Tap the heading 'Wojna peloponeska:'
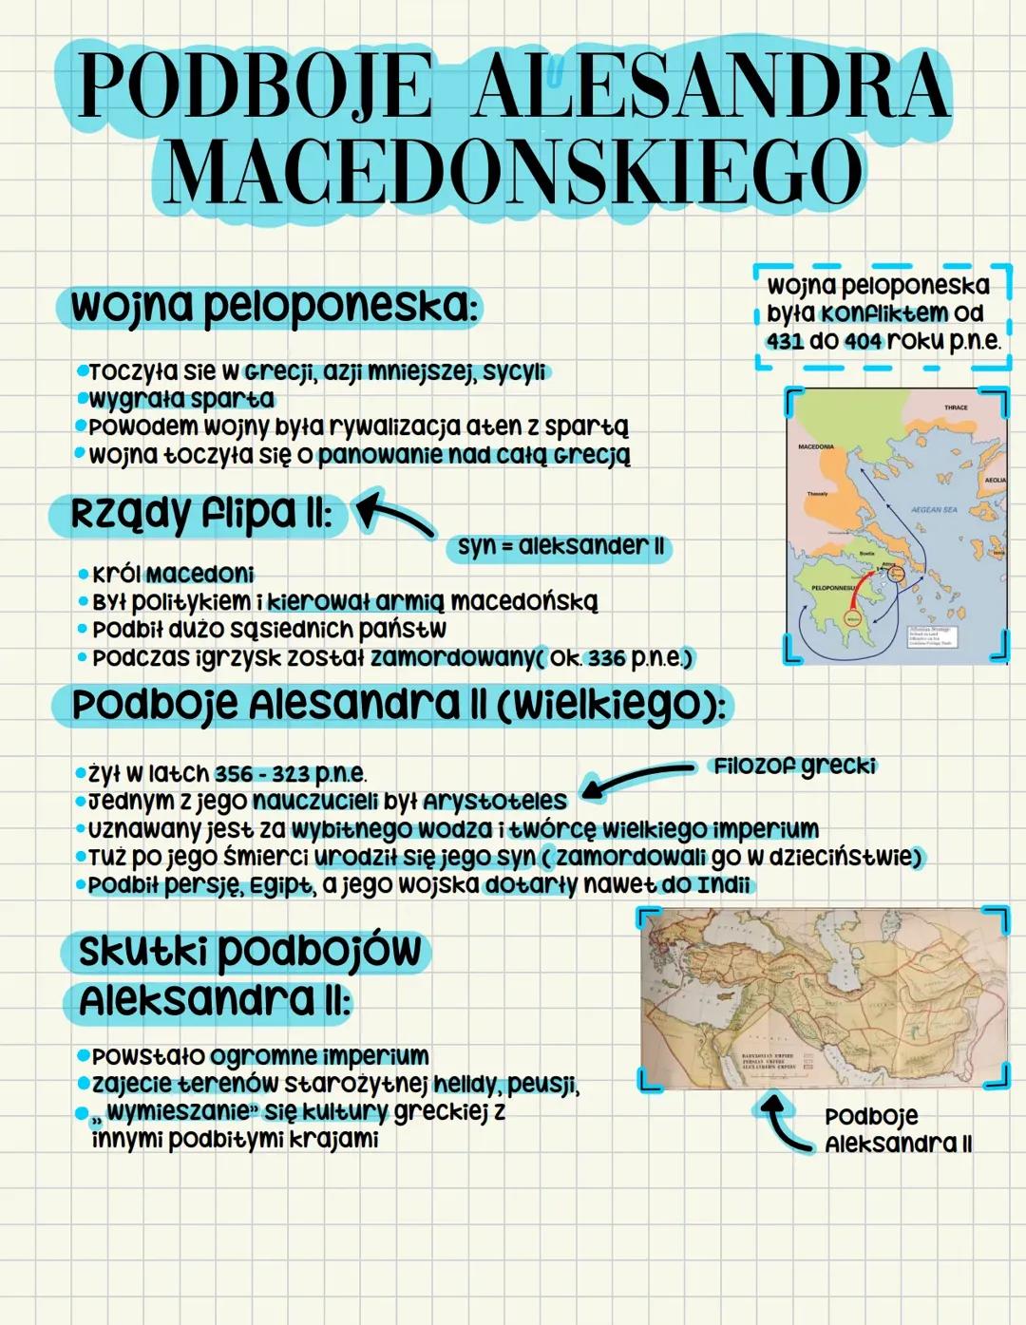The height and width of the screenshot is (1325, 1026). tap(271, 307)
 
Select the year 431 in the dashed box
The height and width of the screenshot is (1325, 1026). tap(786, 341)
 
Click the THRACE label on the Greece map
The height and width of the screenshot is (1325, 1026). tap(956, 407)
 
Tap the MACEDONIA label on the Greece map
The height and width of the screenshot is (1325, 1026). tap(816, 446)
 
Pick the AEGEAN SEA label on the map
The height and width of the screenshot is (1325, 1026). tap(934, 510)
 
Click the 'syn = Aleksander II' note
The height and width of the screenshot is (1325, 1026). tap(560, 547)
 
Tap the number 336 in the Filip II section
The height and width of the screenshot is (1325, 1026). tap(606, 657)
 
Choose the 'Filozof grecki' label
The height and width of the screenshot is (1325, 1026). tap(794, 766)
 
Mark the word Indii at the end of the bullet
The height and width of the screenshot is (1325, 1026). tap(723, 885)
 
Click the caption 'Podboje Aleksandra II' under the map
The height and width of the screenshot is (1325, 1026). tap(897, 1130)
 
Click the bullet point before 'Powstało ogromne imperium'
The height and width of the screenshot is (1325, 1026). tap(84, 1055)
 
